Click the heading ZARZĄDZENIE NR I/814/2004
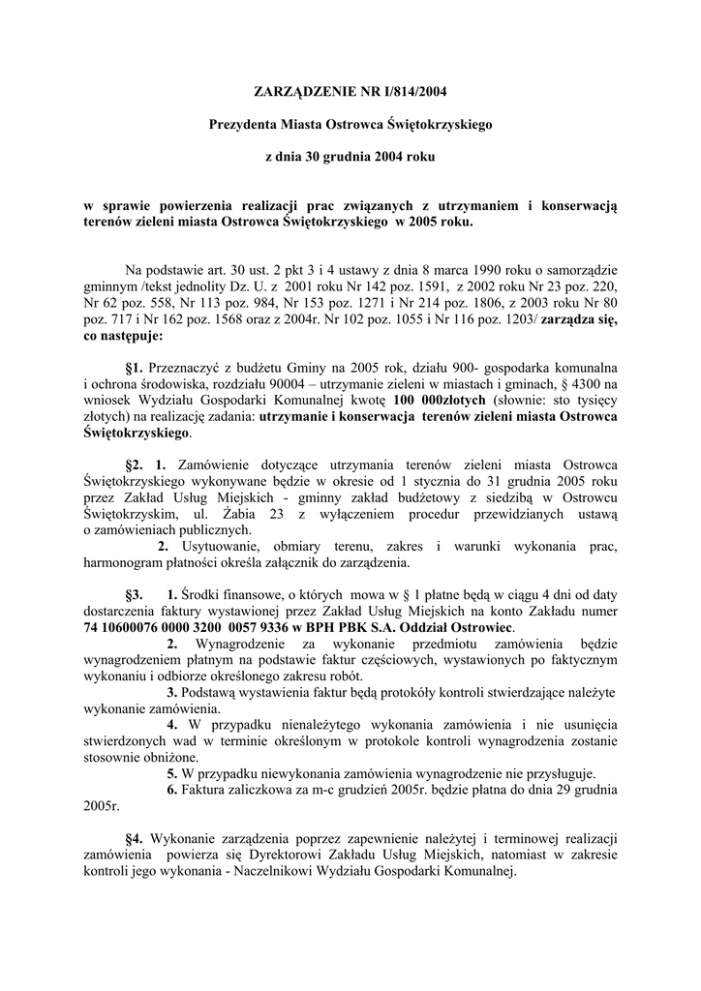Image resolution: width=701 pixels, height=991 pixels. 351,93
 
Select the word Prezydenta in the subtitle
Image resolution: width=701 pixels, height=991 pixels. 243,125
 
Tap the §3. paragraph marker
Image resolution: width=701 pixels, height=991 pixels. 135,595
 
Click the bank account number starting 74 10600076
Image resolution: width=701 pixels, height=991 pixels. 186,628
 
